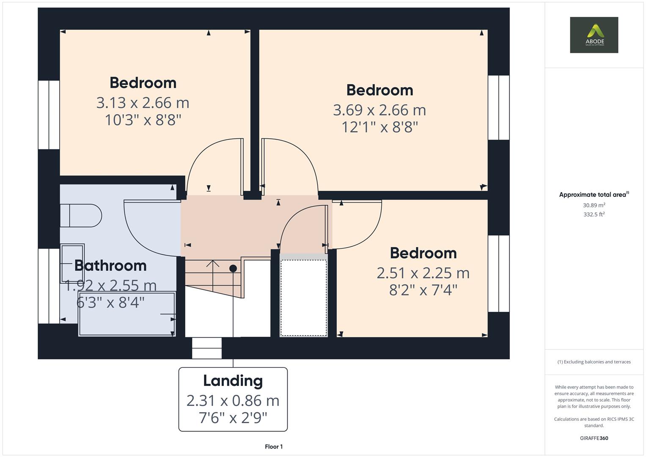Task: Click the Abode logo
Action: [x=594, y=35]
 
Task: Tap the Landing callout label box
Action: [x=233, y=399]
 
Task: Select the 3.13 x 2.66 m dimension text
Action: [x=143, y=103]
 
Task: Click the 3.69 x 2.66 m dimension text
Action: [x=379, y=110]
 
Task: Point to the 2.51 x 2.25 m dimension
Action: [x=423, y=273]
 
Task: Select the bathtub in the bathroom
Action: [x=126, y=314]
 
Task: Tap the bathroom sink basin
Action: [x=72, y=263]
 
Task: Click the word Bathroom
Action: [x=110, y=265]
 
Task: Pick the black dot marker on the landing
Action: [x=233, y=268]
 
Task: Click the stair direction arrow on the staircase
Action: [x=212, y=264]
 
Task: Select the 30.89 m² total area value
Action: [x=594, y=205]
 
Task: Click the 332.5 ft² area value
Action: [x=594, y=215]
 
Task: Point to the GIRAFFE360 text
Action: [x=594, y=438]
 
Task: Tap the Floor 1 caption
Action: [x=274, y=446]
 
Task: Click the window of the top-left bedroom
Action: [x=49, y=115]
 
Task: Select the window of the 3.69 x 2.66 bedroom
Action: [x=498, y=107]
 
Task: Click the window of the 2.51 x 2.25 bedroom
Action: [x=498, y=273]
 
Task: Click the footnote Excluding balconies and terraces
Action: [x=594, y=362]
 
